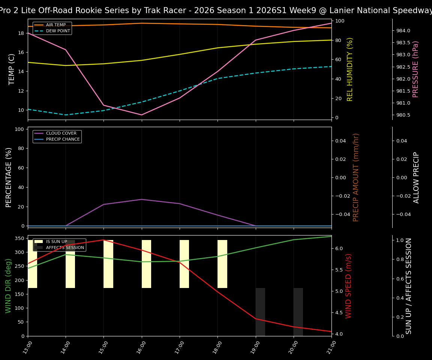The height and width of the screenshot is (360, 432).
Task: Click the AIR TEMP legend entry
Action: (55, 25)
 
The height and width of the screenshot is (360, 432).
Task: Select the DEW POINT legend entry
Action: (58, 31)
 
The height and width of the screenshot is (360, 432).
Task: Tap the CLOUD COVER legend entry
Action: (61, 133)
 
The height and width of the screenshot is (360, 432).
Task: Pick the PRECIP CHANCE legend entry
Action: (63, 139)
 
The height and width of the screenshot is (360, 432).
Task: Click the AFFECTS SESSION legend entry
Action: (65, 248)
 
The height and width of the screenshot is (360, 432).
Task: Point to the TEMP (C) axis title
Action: (12, 69)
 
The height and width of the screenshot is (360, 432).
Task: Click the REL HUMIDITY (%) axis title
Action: (350, 69)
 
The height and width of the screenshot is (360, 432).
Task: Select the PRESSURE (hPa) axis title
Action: (415, 69)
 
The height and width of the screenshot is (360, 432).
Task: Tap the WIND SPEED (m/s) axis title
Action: (349, 286)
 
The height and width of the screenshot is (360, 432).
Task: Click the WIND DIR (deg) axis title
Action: (8, 286)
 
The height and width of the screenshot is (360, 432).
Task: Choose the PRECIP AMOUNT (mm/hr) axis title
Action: (356, 177)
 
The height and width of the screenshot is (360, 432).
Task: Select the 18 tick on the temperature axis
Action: (21, 33)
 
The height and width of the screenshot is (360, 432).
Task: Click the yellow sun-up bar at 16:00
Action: (146, 264)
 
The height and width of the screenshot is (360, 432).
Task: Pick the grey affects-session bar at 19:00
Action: (260, 312)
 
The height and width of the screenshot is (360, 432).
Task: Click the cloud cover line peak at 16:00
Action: (141, 199)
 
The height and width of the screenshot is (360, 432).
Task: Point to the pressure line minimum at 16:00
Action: (141, 115)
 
